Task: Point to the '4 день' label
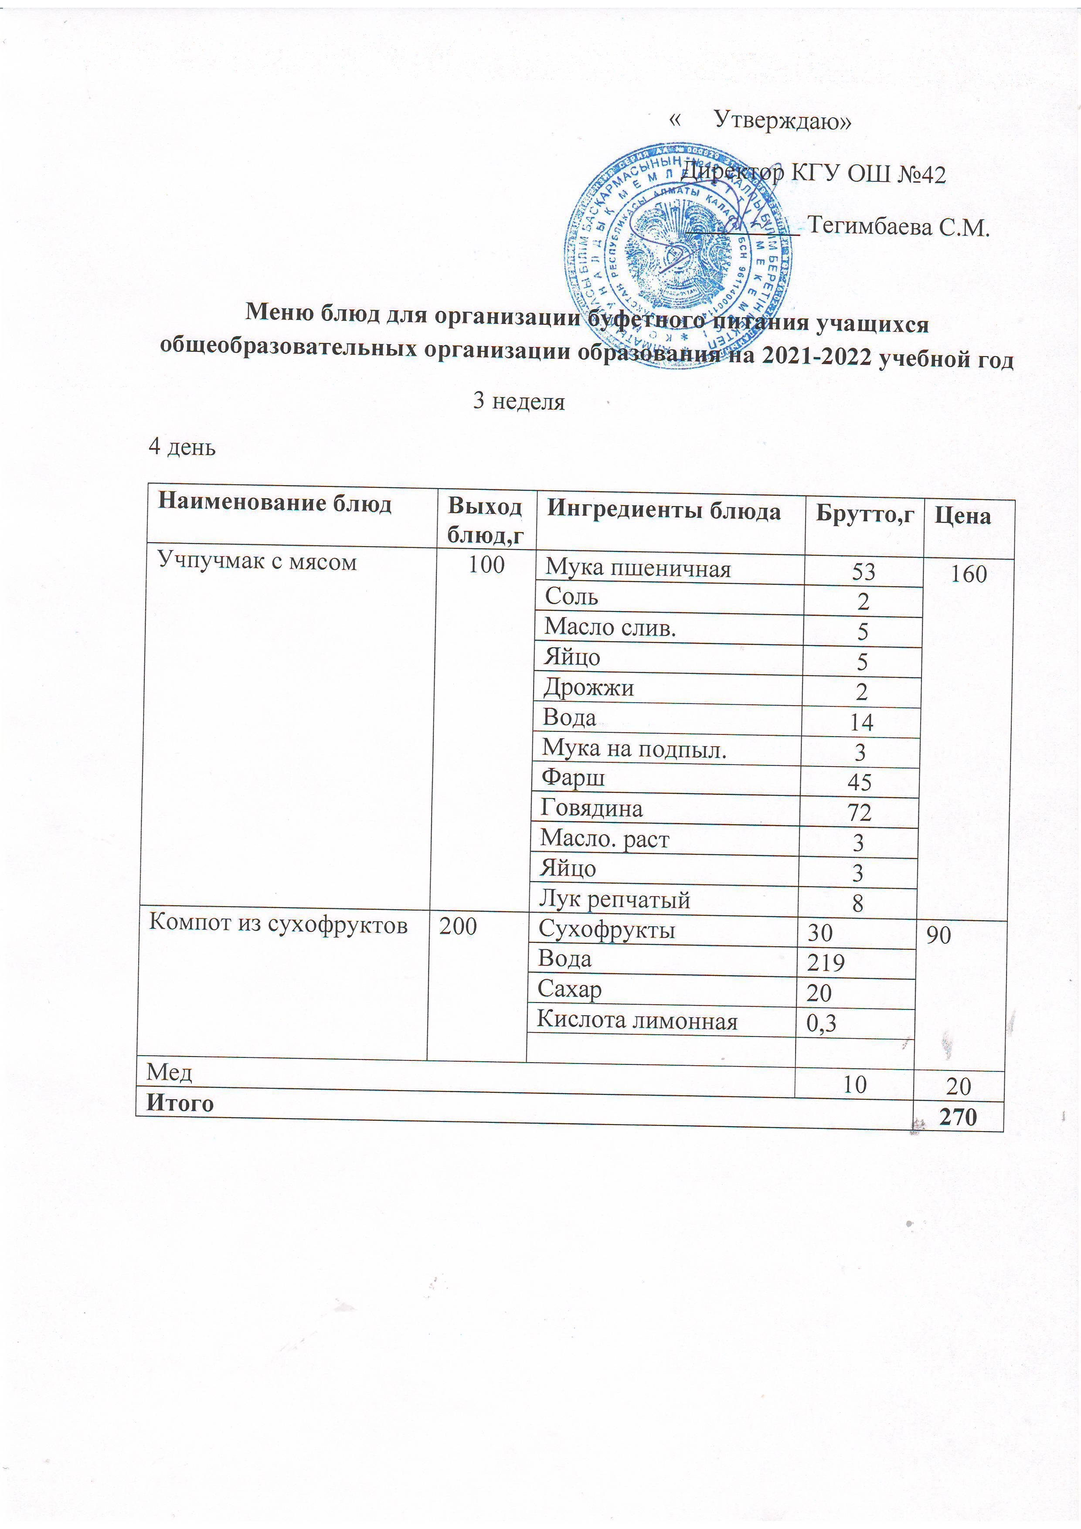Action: tap(182, 447)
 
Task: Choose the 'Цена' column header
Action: tap(963, 516)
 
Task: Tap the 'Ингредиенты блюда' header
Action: tap(663, 511)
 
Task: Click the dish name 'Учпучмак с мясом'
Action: tap(256, 562)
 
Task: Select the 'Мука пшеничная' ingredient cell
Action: tap(637, 569)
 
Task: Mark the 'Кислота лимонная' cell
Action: tap(637, 1021)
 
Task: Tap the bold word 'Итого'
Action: tap(180, 1104)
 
